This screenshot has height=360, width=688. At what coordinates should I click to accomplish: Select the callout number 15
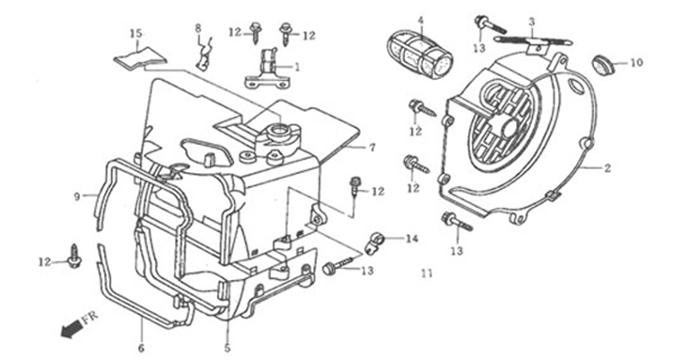136,33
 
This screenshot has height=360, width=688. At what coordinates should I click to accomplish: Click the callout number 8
198,28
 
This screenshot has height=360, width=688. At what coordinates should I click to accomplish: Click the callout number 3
531,21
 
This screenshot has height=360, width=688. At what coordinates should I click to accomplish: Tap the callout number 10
636,63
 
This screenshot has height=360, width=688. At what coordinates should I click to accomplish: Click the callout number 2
607,168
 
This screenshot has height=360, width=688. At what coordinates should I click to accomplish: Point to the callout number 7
372,148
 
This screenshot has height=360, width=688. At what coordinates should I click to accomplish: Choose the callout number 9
77,196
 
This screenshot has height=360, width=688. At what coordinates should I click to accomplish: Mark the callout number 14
412,239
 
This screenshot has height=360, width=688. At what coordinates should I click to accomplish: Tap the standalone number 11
427,274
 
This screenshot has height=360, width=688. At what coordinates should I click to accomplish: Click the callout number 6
141,349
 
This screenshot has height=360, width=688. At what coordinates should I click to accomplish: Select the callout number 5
227,349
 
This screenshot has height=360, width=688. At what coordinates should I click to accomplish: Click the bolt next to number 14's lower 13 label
337,266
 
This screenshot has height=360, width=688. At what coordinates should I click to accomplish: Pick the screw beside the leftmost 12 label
73,256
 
